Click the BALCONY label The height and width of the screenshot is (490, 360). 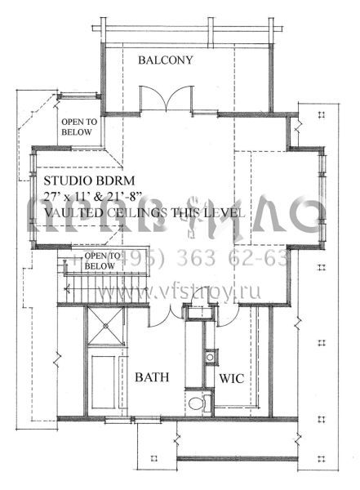tap(165, 60)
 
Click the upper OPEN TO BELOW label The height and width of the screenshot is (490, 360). tap(79, 127)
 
